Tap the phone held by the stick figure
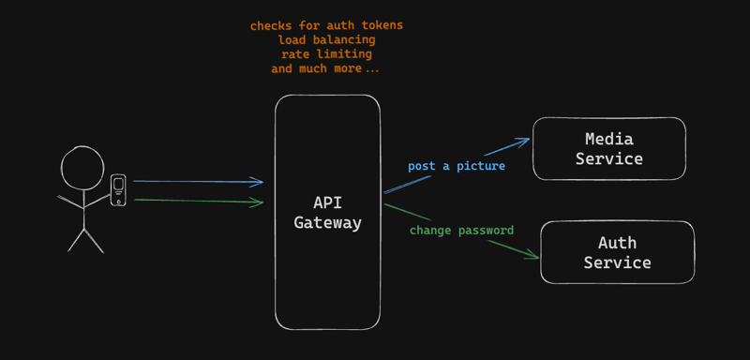tap(118, 190)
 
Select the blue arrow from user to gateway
tap(198, 182)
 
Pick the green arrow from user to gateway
tap(198, 201)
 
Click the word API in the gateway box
tap(327, 203)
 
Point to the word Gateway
tap(327, 223)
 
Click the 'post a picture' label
tap(457, 166)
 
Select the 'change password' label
tap(461, 230)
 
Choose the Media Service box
tap(609, 148)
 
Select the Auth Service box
tap(617, 252)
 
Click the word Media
tap(609, 139)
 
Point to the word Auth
tap(617, 243)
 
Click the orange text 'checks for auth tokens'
tap(326, 26)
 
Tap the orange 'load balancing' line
tap(326, 40)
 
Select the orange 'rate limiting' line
tap(326, 54)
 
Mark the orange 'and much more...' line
tap(326, 68)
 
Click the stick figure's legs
tap(84, 239)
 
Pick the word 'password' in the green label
tap(485, 230)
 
